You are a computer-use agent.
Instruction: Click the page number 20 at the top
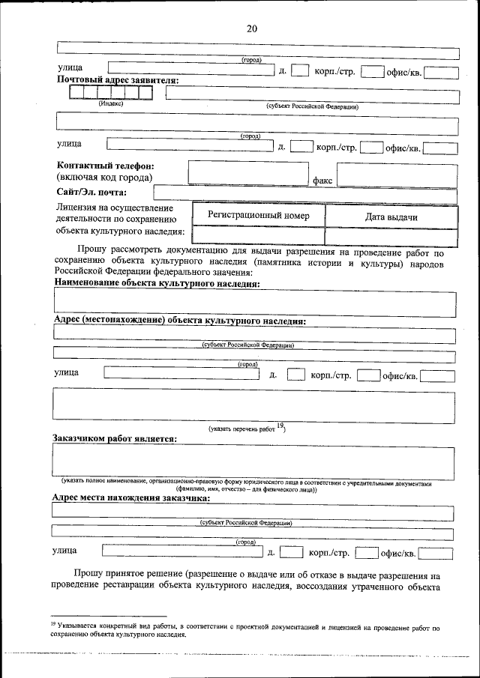pyautogui.click(x=251, y=28)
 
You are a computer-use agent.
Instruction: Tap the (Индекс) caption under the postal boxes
pyautogui.click(x=111, y=104)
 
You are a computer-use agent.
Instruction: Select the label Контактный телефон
pyautogui.click(x=106, y=165)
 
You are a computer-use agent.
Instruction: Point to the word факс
pyautogui.click(x=322, y=181)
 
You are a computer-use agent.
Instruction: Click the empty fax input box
pyautogui.click(x=397, y=174)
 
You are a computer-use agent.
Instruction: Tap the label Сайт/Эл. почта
pyautogui.click(x=91, y=193)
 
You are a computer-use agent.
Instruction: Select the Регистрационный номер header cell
pyautogui.click(x=258, y=216)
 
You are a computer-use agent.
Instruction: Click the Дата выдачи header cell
pyautogui.click(x=391, y=217)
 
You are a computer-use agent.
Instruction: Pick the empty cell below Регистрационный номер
pyautogui.click(x=258, y=236)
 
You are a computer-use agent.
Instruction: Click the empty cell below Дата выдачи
pyautogui.click(x=391, y=236)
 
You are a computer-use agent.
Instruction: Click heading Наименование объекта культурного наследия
pyautogui.click(x=157, y=284)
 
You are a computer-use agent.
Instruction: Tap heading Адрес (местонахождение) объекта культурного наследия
pyautogui.click(x=179, y=320)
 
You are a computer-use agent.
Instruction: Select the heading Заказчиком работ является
pyautogui.click(x=115, y=438)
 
